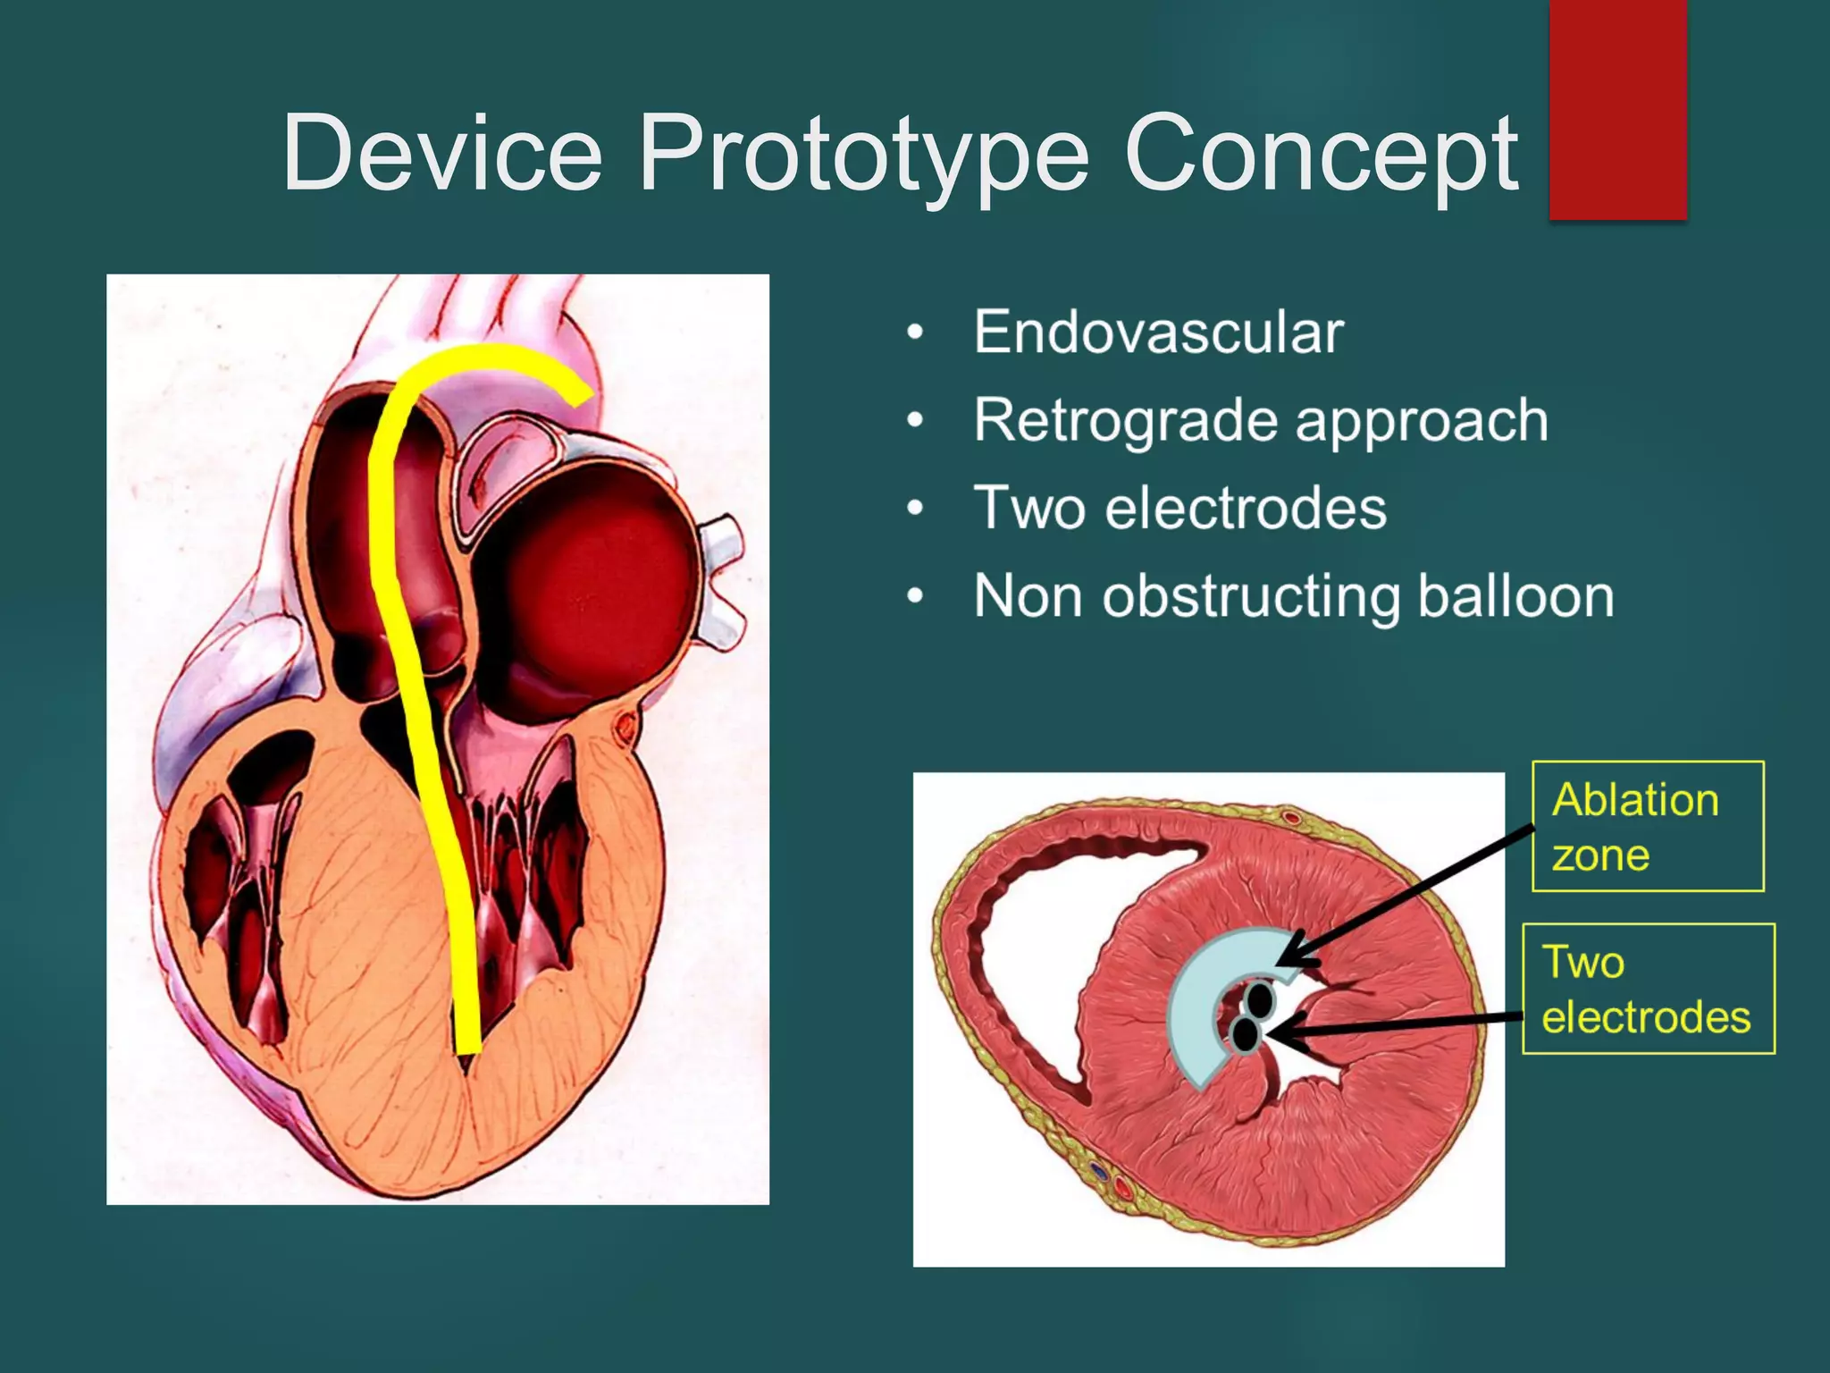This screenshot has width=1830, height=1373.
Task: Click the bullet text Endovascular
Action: point(1158,332)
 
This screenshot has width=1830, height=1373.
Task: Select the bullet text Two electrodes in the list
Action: point(1179,508)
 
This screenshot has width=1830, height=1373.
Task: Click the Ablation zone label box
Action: point(1648,826)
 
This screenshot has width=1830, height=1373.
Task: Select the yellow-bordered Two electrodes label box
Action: point(1648,989)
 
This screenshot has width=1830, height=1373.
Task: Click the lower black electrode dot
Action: point(1245,1034)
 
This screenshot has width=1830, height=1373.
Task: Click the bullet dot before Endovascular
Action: point(914,333)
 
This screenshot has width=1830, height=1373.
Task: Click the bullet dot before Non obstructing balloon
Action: point(914,596)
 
